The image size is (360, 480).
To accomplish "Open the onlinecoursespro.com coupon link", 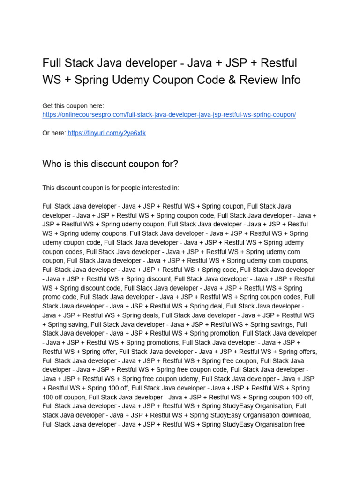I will [169, 115].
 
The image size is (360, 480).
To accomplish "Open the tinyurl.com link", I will [106, 133].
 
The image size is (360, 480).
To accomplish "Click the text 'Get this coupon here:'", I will [73, 106].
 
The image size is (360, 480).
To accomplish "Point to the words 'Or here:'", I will [54, 133].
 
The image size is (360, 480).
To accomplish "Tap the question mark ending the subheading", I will [176, 164].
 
